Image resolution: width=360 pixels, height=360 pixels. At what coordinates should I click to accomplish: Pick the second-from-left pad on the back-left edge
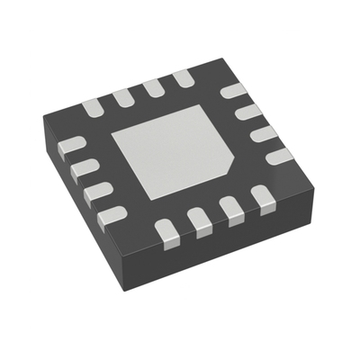click(x=123, y=97)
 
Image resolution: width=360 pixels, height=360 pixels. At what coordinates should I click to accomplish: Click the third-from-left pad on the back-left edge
click(x=154, y=86)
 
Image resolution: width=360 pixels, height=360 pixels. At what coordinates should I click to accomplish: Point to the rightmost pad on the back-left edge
click(x=184, y=77)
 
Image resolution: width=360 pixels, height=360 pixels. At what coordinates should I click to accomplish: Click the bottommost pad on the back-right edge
click(x=279, y=155)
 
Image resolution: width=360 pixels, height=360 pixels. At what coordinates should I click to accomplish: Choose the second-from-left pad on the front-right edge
click(x=202, y=219)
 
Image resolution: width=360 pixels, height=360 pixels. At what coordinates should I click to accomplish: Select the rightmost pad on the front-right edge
click(x=262, y=195)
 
